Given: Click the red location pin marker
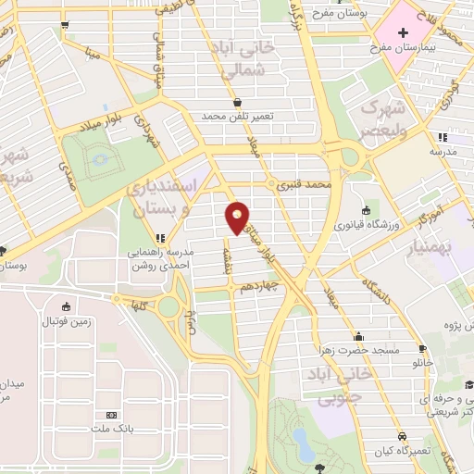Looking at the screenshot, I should (x=238, y=218).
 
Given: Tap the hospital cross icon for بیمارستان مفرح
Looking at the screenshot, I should (x=402, y=34).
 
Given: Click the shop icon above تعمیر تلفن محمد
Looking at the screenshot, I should (x=238, y=103).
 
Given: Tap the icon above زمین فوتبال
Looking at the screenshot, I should (x=65, y=307).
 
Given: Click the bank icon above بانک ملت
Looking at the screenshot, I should (x=112, y=415).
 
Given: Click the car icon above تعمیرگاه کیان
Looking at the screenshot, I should (x=402, y=436).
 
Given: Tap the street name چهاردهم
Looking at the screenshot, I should (x=262, y=288).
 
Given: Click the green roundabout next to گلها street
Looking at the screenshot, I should (x=168, y=306).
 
